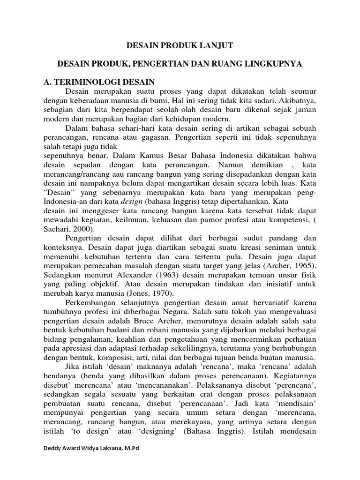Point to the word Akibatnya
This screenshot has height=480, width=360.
pos(296,99)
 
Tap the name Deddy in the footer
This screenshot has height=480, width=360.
pos(52,448)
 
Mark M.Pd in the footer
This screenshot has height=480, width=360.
pos(132,448)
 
